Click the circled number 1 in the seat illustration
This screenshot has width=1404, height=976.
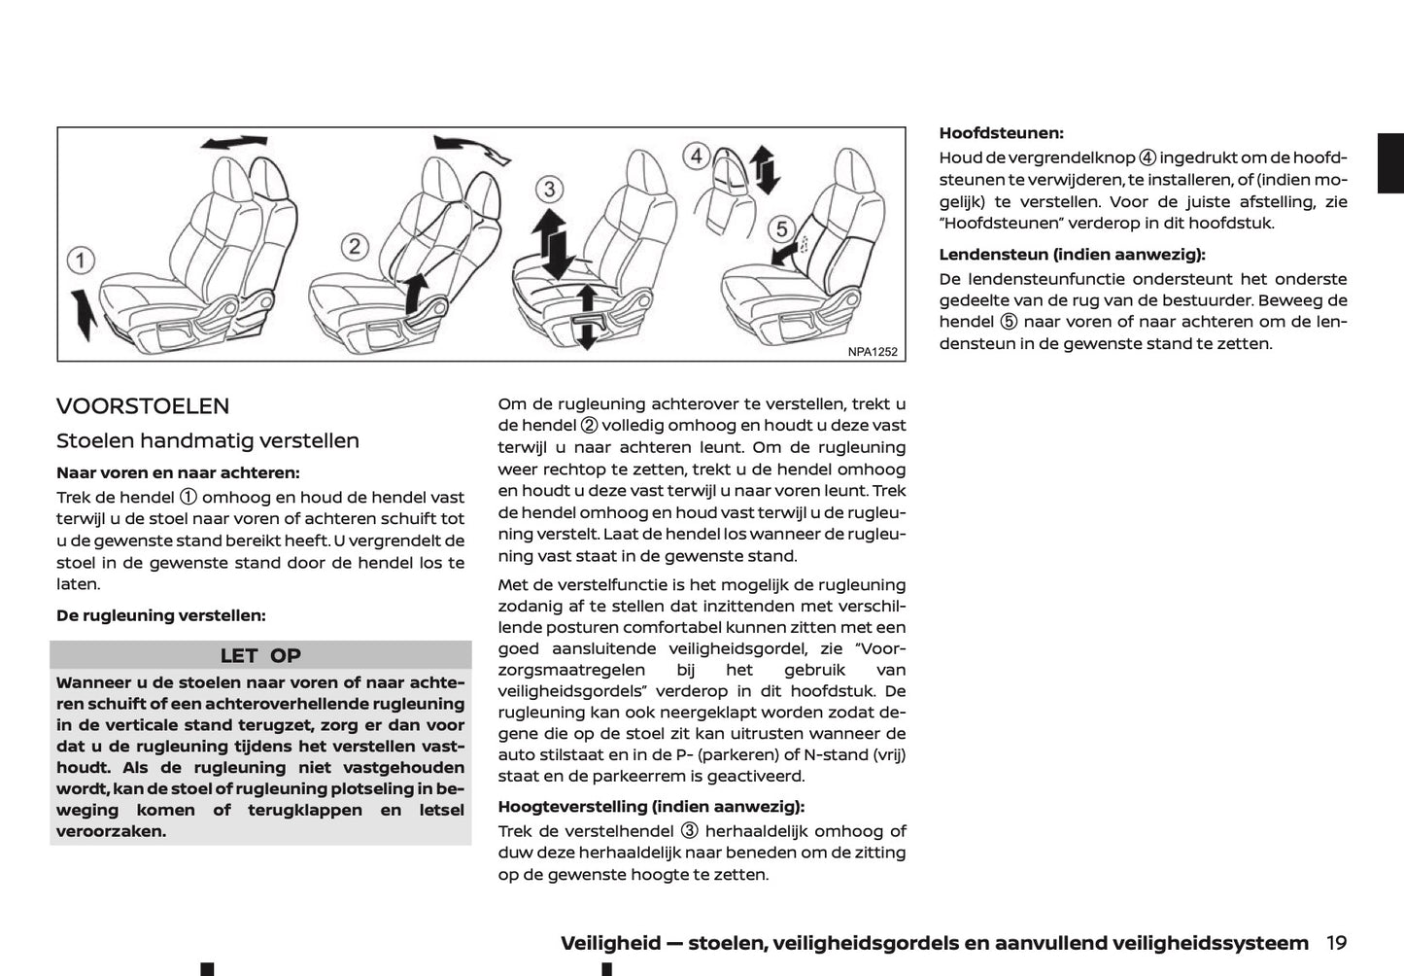point(81,261)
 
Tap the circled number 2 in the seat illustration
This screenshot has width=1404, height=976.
point(355,246)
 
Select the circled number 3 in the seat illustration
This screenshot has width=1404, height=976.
point(550,189)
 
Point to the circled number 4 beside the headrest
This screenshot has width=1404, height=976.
point(695,156)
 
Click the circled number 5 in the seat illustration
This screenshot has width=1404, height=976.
point(781,229)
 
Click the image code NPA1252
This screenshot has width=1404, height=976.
point(872,352)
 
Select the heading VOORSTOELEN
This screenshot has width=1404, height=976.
point(143,406)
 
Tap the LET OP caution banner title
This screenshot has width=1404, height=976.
point(260,655)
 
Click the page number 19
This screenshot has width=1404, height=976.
point(1336,942)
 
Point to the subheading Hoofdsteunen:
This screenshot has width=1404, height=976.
point(1001,133)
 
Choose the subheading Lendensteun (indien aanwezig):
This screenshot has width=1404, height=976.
point(1071,255)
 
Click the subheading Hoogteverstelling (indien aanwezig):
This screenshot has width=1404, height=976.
point(651,806)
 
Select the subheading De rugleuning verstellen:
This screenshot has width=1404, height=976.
point(160,615)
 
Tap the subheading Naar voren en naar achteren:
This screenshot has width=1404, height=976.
point(178,473)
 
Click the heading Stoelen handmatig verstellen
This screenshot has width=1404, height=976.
point(208,440)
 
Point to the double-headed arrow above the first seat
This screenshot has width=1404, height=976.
point(233,143)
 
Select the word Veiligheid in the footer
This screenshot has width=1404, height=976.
point(609,943)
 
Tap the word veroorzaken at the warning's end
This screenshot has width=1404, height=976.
point(111,831)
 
